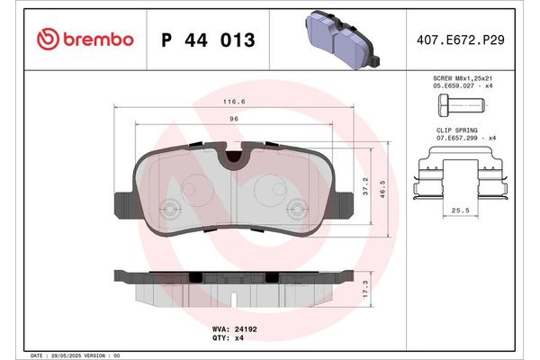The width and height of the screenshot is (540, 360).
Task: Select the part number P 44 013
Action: click(x=207, y=40)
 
